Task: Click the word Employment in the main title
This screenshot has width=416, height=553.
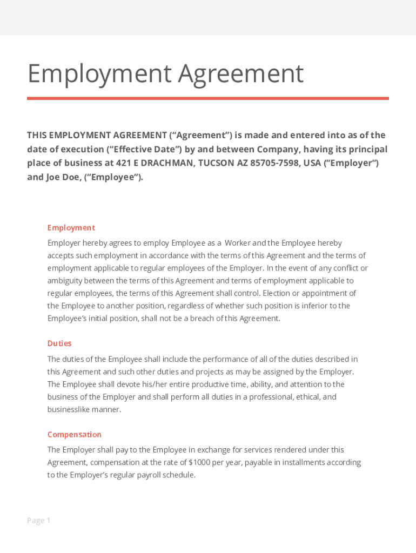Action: pos(99,74)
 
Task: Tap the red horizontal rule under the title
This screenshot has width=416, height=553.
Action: pos(208,98)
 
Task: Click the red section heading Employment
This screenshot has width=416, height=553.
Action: pos(71,228)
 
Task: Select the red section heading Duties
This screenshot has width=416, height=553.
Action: pos(59,343)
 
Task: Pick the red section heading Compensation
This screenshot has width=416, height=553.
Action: pos(74,435)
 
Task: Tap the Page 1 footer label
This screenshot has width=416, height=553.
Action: pos(38,521)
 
